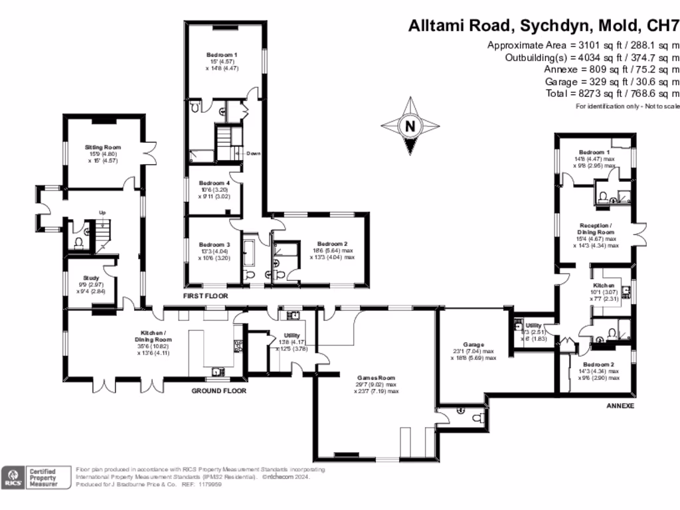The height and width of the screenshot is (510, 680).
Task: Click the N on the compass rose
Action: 410,126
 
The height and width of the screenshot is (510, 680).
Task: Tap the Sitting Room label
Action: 103,147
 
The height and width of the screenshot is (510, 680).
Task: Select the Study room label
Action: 92,278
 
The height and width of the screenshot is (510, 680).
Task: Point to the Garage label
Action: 473,344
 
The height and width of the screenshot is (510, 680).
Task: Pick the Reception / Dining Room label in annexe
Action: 596,228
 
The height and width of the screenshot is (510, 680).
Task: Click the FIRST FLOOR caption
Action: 206,295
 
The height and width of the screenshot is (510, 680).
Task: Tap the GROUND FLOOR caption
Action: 219,391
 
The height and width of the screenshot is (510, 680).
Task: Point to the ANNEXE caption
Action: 621,405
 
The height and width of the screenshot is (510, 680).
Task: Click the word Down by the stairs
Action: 253,153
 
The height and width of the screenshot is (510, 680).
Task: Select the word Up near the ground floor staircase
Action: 102,212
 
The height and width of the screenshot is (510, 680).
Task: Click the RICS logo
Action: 11,478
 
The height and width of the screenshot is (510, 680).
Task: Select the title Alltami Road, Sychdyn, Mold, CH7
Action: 543,26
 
